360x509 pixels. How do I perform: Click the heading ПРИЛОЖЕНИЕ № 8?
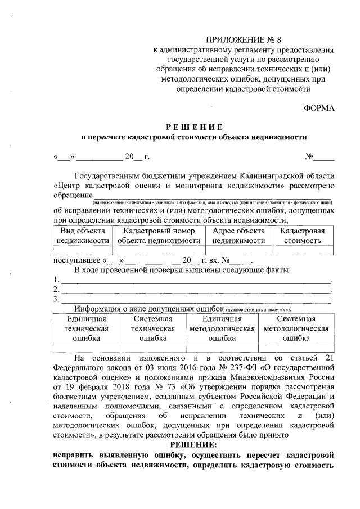pos(243,39)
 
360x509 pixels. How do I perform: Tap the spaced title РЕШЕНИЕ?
pos(194,127)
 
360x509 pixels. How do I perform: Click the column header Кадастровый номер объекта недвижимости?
pos(159,235)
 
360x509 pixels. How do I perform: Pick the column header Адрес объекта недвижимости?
pos(238,235)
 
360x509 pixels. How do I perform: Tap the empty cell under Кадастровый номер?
pos(159,250)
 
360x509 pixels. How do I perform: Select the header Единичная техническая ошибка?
pos(86,328)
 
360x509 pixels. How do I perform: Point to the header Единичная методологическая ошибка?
pos(222,328)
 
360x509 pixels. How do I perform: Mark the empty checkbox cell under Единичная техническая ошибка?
pos(86,348)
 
